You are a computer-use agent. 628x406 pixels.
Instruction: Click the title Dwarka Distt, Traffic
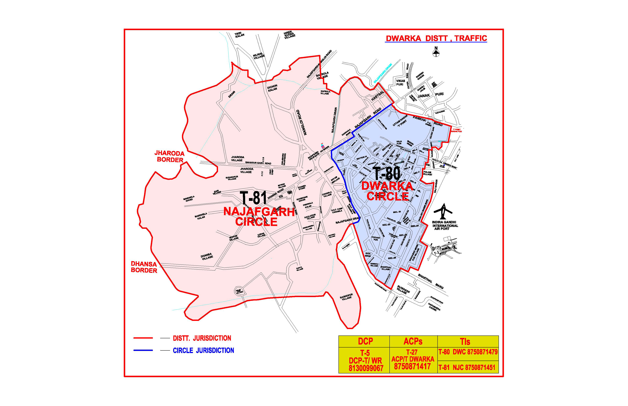point(436,39)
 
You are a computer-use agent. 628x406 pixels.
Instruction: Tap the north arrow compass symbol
point(436,52)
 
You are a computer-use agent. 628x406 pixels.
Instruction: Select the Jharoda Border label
point(169,156)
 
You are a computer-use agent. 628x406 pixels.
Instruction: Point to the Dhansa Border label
point(144,267)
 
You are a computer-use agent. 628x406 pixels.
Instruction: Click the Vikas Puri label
point(400,82)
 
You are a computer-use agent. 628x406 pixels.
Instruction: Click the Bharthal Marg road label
point(431,281)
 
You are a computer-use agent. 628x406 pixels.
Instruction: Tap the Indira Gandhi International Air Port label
point(445,225)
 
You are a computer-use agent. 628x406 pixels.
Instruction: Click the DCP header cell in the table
point(365,341)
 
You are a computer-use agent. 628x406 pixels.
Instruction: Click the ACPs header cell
point(413,341)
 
